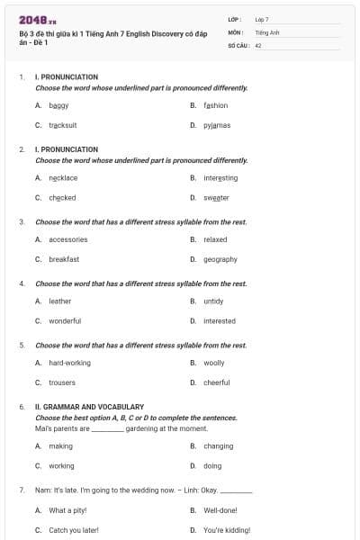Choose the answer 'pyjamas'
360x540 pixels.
(217, 125)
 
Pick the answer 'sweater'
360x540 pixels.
(216, 197)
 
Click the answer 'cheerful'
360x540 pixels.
(217, 382)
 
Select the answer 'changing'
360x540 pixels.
(218, 446)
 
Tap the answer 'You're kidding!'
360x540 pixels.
(226, 530)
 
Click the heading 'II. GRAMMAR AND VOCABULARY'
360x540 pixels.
(89, 407)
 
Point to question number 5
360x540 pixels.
(22, 345)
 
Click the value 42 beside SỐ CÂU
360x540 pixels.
(258, 44)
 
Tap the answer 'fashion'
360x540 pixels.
(215, 105)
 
